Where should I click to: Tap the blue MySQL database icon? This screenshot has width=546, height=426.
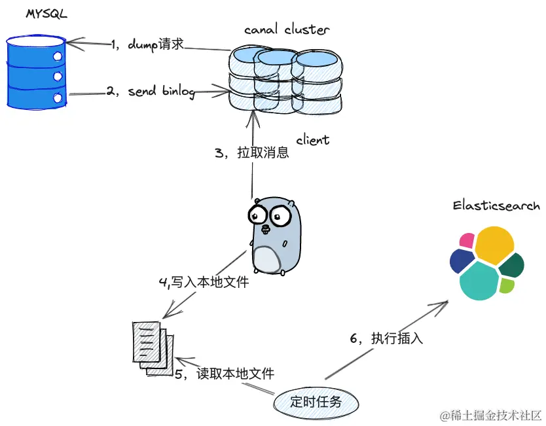pyautogui.click(x=36, y=72)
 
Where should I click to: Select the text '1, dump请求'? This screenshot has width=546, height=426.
pyautogui.click(x=148, y=44)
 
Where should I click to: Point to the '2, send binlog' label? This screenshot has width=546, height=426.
pyautogui.click(x=151, y=92)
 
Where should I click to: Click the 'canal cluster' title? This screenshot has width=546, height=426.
pyautogui.click(x=287, y=29)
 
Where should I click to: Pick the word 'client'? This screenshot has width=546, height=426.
pyautogui.click(x=312, y=140)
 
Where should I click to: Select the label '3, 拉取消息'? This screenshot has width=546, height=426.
pyautogui.click(x=251, y=154)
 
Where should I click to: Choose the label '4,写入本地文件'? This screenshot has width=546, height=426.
pyautogui.click(x=204, y=283)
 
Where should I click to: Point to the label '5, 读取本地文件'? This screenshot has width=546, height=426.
pyautogui.click(x=224, y=374)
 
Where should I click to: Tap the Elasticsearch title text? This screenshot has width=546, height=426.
pyautogui.click(x=496, y=206)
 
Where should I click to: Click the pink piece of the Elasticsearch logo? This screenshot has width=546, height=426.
pyautogui.click(x=467, y=240)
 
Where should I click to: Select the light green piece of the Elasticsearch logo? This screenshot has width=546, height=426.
pyautogui.click(x=507, y=285)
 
